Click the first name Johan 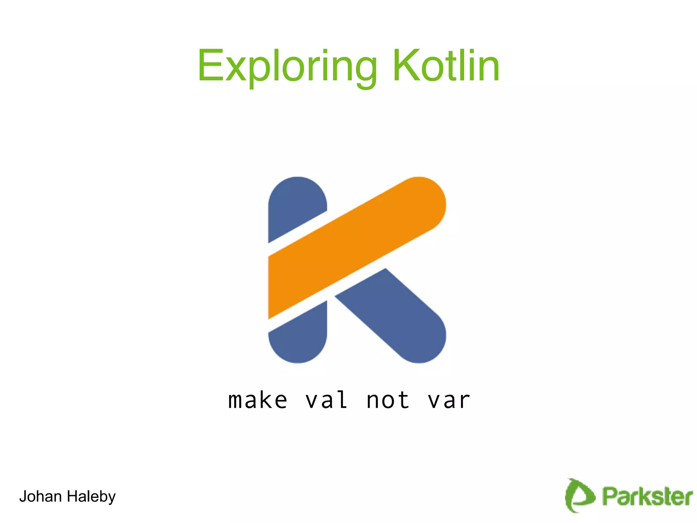point(40,496)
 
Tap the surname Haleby point(91,497)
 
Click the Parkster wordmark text point(647,496)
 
